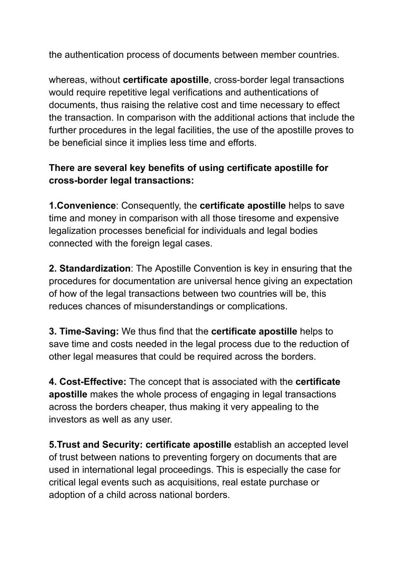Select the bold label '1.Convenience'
[x=82, y=206]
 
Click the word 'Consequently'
[x=151, y=206]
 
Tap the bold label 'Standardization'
[x=95, y=269]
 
